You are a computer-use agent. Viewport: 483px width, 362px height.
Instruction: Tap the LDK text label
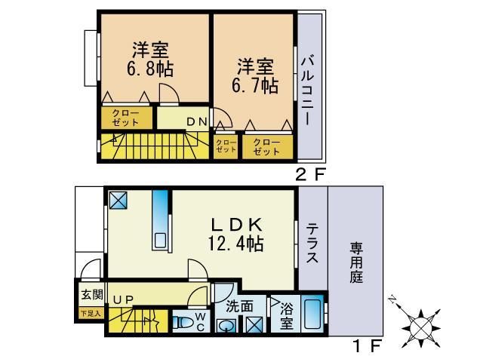click(235, 225)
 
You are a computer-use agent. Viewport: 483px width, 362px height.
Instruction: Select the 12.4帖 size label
click(235, 244)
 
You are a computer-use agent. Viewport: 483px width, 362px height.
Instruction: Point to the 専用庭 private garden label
click(355, 261)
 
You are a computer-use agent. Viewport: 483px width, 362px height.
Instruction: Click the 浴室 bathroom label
click(286, 316)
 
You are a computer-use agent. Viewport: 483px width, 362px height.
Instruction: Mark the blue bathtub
click(312, 316)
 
